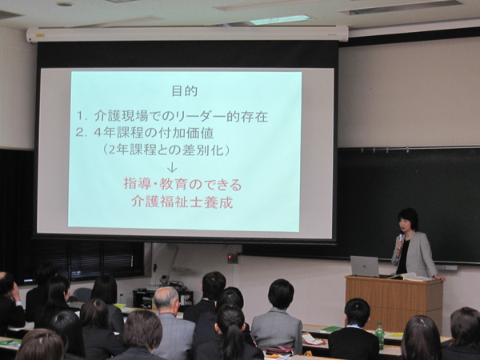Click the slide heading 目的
coord(185,91)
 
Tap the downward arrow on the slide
coord(172,167)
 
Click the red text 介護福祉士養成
coord(182,202)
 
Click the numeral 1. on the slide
coord(82,116)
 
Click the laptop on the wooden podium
coord(365,266)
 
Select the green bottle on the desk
coord(379,335)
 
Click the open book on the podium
coord(411,277)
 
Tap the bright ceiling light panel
coord(281,19)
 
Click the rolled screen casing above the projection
coord(187,34)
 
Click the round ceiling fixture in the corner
coord(65,4)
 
